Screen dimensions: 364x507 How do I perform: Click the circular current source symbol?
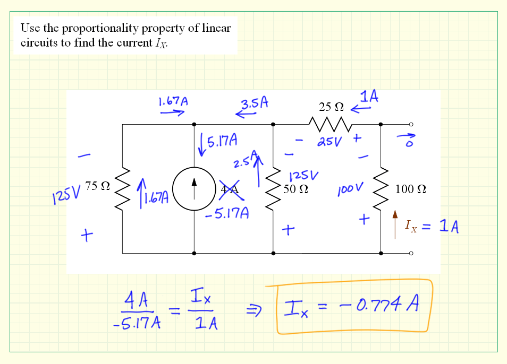coord(194,189)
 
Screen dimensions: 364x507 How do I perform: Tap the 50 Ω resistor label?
coord(296,188)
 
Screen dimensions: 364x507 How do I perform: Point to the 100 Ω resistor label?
coord(411,189)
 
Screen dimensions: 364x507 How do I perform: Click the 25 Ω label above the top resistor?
coord(331,107)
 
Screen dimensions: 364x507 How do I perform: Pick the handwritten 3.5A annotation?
coord(253,103)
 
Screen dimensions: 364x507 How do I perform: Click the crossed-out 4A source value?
coord(230,189)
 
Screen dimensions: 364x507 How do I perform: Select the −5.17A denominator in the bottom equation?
coord(137,323)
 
